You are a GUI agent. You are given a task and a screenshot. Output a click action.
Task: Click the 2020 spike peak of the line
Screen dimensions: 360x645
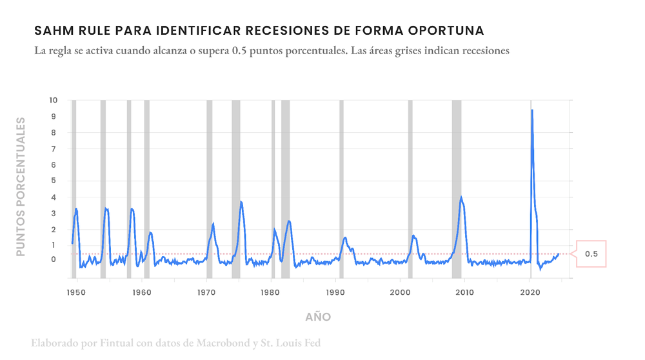click(x=531, y=110)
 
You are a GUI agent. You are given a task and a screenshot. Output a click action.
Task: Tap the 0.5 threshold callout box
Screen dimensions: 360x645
click(x=591, y=255)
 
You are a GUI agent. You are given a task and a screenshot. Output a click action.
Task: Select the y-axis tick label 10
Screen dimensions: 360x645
click(x=53, y=101)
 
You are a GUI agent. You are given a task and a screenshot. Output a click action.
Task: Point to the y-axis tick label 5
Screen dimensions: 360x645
click(x=54, y=181)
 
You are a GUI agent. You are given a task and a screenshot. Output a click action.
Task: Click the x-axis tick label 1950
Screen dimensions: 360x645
click(x=76, y=292)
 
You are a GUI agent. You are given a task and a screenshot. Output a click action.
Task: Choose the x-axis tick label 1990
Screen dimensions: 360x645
click(x=335, y=292)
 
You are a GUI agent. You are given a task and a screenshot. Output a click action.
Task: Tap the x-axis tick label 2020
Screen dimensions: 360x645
click(x=530, y=292)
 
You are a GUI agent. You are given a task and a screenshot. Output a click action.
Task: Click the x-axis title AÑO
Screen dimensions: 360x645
click(x=318, y=317)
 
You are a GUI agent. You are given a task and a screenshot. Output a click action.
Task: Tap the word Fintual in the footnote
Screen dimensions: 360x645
click(x=118, y=343)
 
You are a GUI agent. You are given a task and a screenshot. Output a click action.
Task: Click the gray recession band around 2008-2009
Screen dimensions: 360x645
click(x=456, y=187)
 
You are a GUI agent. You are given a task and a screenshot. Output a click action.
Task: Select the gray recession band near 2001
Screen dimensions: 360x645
click(x=410, y=187)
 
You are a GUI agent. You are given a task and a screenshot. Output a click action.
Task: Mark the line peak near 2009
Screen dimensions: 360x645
click(x=461, y=197)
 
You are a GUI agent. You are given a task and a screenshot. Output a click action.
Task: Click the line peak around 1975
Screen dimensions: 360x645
click(x=241, y=202)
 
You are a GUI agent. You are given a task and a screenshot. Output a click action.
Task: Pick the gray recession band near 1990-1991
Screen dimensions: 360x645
click(x=341, y=187)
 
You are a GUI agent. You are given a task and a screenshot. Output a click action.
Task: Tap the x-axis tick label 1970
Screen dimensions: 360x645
click(x=206, y=292)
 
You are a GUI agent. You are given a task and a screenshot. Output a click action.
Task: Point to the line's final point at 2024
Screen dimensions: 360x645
click(x=559, y=254)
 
